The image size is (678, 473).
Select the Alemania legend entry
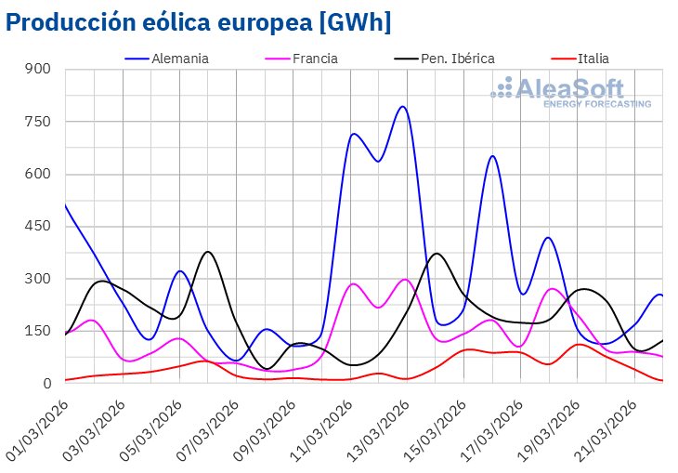pos(179,59)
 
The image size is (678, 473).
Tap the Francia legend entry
pos(315,59)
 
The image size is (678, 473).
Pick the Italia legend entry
pos(593,59)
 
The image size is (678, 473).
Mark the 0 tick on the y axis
pos(47,384)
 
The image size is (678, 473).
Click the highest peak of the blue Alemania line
pos(402,106)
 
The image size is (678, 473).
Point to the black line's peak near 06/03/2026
pos(208,252)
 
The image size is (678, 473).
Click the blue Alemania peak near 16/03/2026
pos(492,156)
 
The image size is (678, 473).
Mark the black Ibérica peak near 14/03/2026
pos(437,254)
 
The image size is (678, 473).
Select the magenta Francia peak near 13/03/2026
pos(405,279)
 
